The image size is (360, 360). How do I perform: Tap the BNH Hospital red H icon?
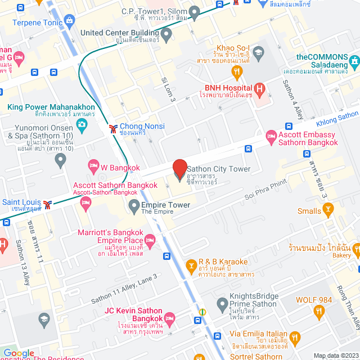click(259, 88)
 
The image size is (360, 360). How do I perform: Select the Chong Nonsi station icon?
click(114, 129)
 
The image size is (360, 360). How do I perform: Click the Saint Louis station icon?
click(48, 204)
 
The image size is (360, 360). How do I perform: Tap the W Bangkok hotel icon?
click(93, 165)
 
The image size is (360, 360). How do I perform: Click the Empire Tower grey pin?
click(134, 208)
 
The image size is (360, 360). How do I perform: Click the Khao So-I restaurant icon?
click(237, 71)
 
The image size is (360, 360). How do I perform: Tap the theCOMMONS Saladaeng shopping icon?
click(354, 61)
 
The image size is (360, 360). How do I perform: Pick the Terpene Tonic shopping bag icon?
click(69, 22)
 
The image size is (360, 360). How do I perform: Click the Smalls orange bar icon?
click(328, 211)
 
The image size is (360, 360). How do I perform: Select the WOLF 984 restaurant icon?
click(319, 310)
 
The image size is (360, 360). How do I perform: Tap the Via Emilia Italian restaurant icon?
click(295, 338)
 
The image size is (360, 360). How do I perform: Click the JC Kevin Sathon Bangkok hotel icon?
click(170, 318)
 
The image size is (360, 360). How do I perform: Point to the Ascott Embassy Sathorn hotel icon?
click(272, 135)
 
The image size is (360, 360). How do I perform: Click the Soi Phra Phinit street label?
click(265, 188)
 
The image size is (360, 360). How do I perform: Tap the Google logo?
click(19, 353)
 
